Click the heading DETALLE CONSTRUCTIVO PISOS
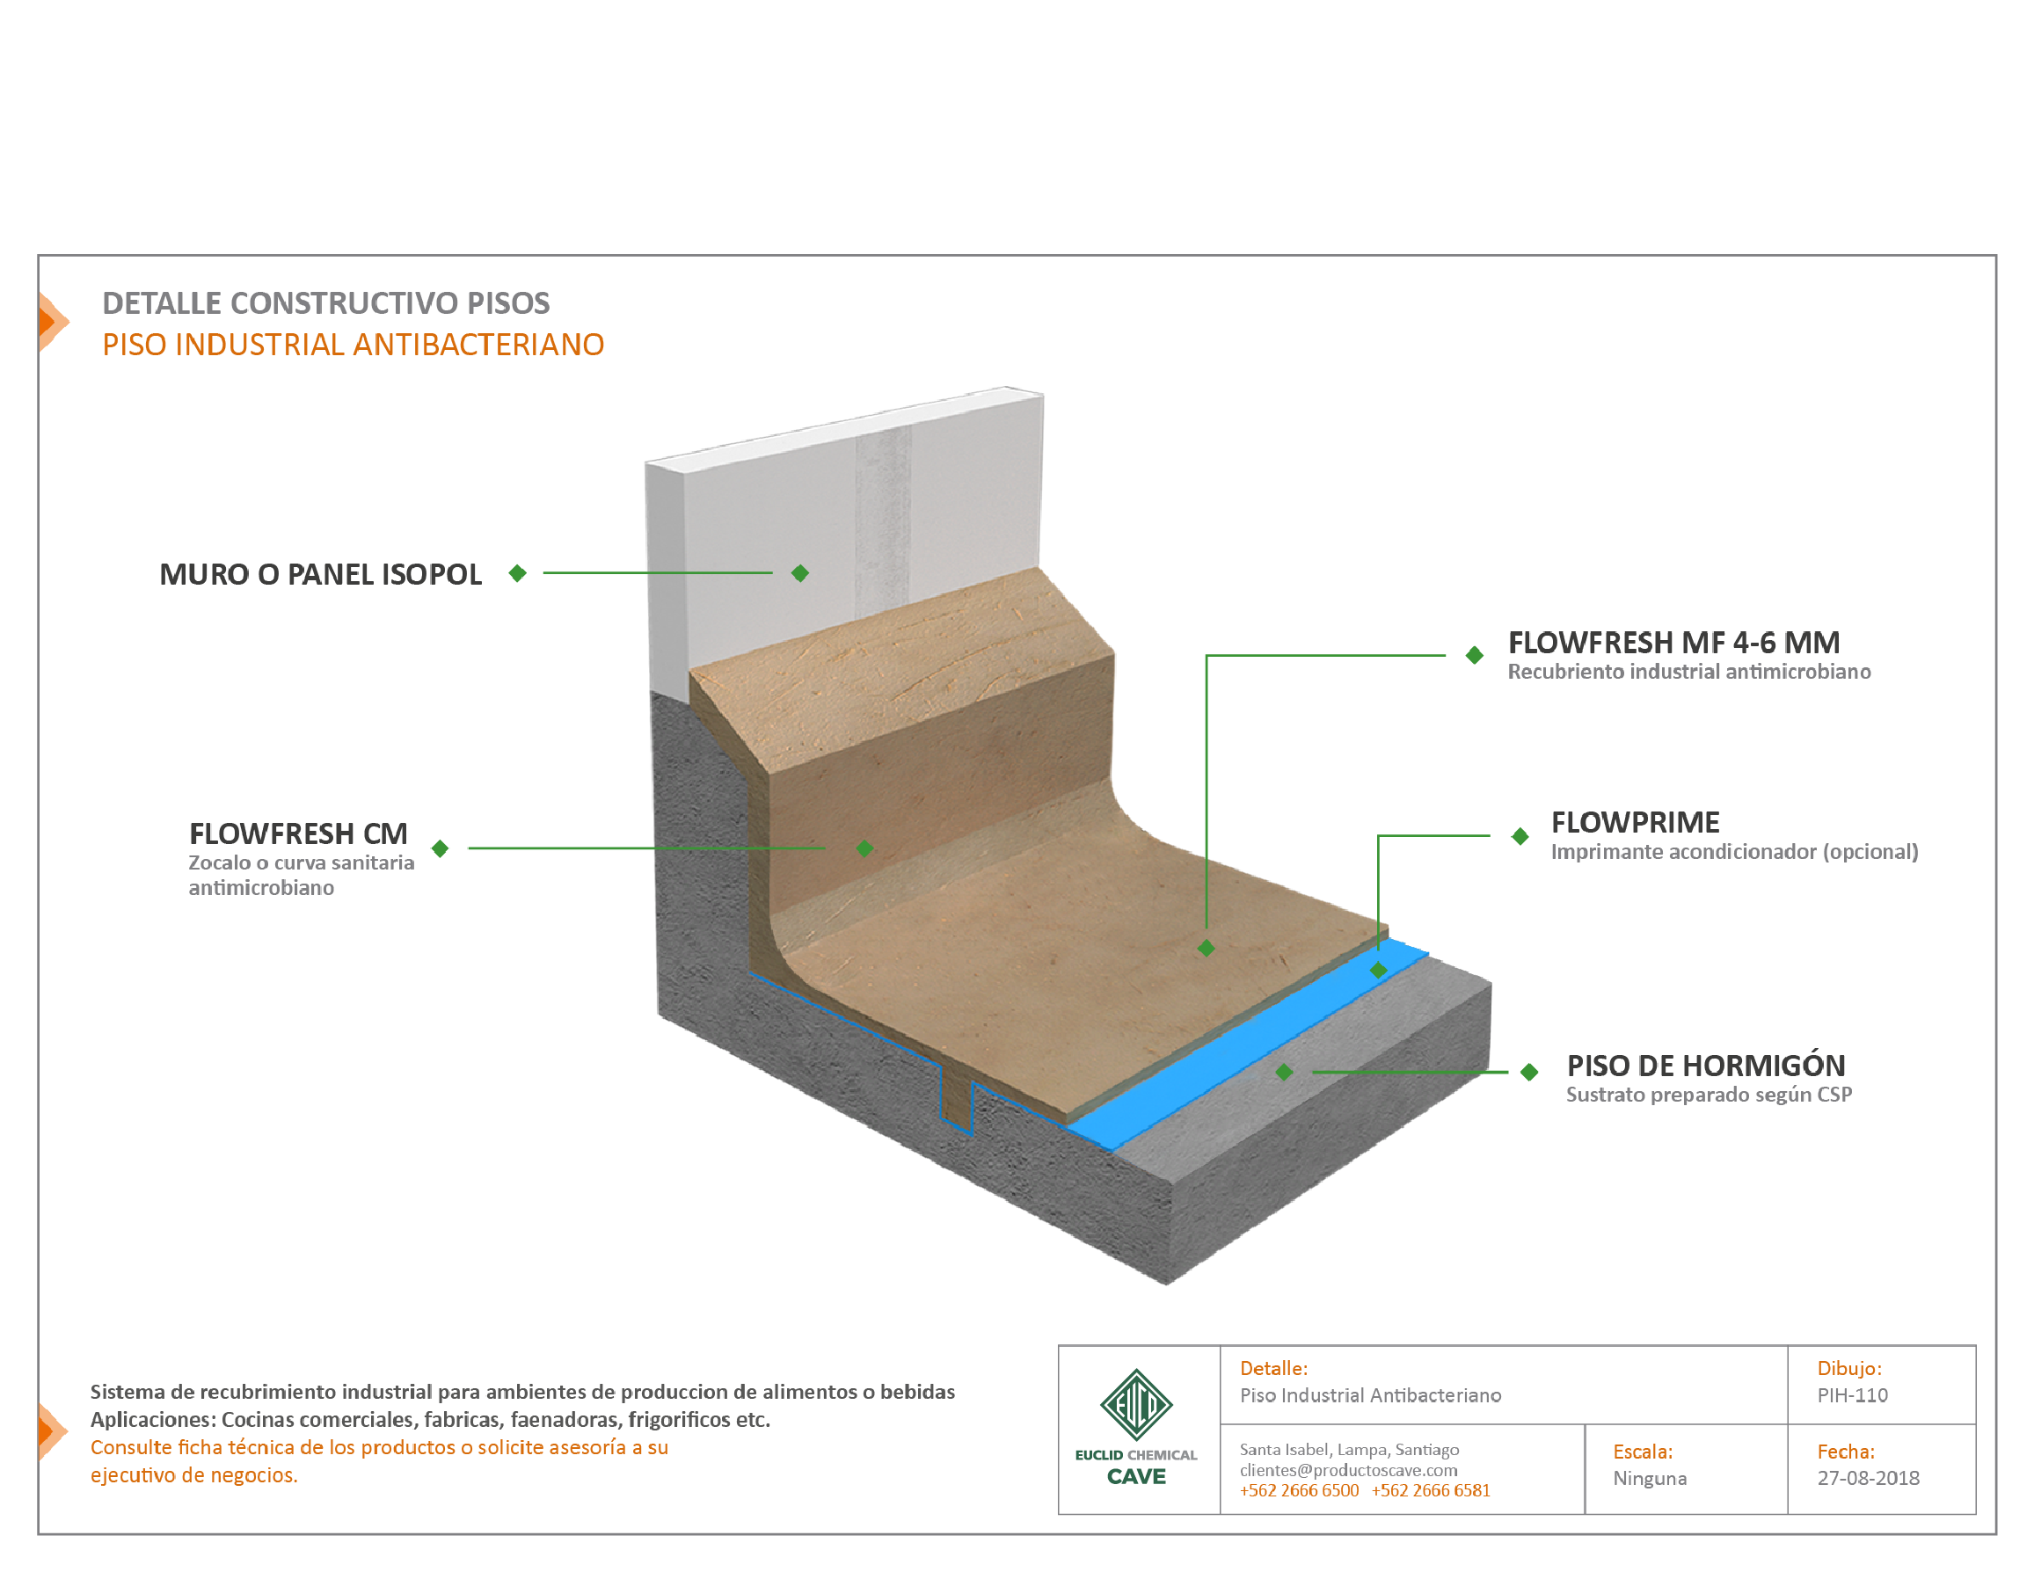[326, 302]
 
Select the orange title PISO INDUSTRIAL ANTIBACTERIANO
[353, 345]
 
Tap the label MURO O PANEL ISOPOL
[320, 573]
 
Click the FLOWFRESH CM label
[298, 833]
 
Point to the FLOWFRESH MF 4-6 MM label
[1673, 642]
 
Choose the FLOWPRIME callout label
[1636, 821]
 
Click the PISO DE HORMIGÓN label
[1705, 1065]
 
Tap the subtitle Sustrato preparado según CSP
[1709, 1095]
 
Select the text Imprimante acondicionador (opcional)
[1734, 851]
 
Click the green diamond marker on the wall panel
[800, 572]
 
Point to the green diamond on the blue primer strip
[1378, 971]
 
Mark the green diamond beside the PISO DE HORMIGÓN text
[1529, 1072]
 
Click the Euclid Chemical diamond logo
[1136, 1404]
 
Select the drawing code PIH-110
[1852, 1395]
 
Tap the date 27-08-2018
[1868, 1478]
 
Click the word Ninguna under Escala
[1650, 1479]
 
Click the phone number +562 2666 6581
[1431, 1491]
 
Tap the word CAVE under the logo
[1136, 1477]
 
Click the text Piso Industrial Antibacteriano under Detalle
[1371, 1395]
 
